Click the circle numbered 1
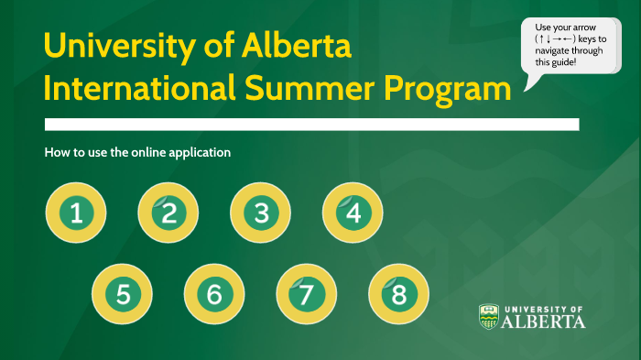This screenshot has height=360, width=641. tap(76, 213)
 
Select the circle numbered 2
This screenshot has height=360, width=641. tap(168, 213)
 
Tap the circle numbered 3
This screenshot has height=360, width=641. tap(261, 213)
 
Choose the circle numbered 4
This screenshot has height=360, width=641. tap(353, 213)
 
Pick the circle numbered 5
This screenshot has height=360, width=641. tap(123, 294)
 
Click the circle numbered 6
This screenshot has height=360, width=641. tap(214, 294)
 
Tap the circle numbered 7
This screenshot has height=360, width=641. tap(307, 294)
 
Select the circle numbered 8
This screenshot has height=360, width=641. tap(398, 294)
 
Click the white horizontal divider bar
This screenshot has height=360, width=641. tap(311, 124)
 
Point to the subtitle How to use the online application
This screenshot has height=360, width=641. tap(137, 152)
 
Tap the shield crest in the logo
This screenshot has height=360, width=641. tap(489, 316)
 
